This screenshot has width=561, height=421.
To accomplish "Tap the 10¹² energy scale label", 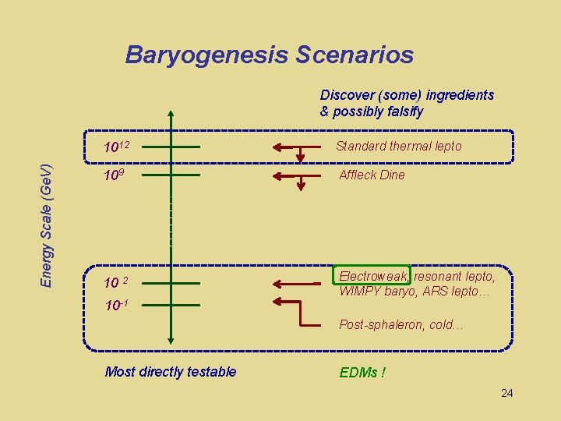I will (x=117, y=147).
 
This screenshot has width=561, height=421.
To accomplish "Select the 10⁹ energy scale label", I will (x=113, y=175).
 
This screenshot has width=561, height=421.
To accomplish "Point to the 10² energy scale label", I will (x=116, y=281).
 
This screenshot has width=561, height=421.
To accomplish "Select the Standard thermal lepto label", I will (x=398, y=146).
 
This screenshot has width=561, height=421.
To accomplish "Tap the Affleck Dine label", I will (x=372, y=175).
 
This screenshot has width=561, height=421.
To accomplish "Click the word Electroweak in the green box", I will (x=372, y=276).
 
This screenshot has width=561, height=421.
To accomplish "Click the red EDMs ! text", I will (x=362, y=373).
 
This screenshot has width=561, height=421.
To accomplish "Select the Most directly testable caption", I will (x=170, y=372).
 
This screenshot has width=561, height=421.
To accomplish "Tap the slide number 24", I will (x=506, y=393).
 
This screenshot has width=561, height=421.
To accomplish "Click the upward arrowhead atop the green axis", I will (x=171, y=113).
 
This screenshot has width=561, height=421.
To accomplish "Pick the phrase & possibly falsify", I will (x=372, y=111).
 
